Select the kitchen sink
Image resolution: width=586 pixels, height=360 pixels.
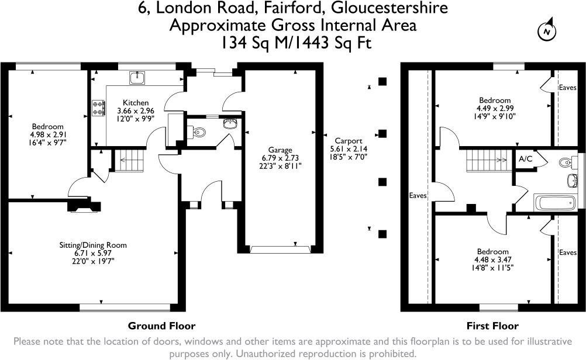point(139,77)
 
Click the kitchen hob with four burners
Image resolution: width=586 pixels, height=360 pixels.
point(98,107)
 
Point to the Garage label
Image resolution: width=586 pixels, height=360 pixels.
point(281,150)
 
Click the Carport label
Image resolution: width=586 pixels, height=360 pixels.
point(349,141)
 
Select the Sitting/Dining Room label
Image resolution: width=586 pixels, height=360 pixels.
point(93,245)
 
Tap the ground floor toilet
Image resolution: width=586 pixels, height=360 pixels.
point(198,131)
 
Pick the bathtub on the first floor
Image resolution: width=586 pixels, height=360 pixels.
point(554,203)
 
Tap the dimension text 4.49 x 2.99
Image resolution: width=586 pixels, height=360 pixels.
point(494,108)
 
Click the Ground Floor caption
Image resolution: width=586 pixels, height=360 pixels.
point(161,326)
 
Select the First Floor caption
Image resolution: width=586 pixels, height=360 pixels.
point(492,326)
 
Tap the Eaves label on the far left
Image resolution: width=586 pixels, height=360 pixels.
point(418,195)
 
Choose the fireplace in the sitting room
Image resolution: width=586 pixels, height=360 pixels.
point(85,205)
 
